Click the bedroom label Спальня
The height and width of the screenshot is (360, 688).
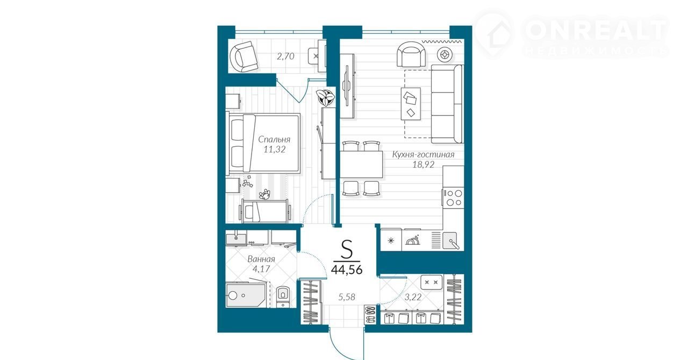274,140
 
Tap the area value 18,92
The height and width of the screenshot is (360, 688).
423,164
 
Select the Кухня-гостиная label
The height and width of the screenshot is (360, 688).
423,155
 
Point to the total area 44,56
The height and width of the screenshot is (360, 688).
347,269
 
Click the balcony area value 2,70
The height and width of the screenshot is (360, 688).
285,56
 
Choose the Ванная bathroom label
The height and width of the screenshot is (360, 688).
261,259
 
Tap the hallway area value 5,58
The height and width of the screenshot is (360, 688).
347,297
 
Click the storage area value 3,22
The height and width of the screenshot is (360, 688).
413,297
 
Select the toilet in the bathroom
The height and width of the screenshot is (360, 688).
283,297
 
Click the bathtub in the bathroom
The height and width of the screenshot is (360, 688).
246,295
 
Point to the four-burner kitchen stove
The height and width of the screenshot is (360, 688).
453,198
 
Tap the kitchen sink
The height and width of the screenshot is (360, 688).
450,240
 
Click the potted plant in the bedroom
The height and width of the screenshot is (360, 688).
326,97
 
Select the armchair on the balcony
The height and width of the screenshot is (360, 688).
243,57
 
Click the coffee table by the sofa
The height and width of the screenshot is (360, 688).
411,104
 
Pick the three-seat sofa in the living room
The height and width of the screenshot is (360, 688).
447,104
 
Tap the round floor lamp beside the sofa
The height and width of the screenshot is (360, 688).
445,55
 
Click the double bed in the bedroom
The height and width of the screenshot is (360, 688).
263,143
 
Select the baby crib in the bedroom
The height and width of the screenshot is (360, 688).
265,211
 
